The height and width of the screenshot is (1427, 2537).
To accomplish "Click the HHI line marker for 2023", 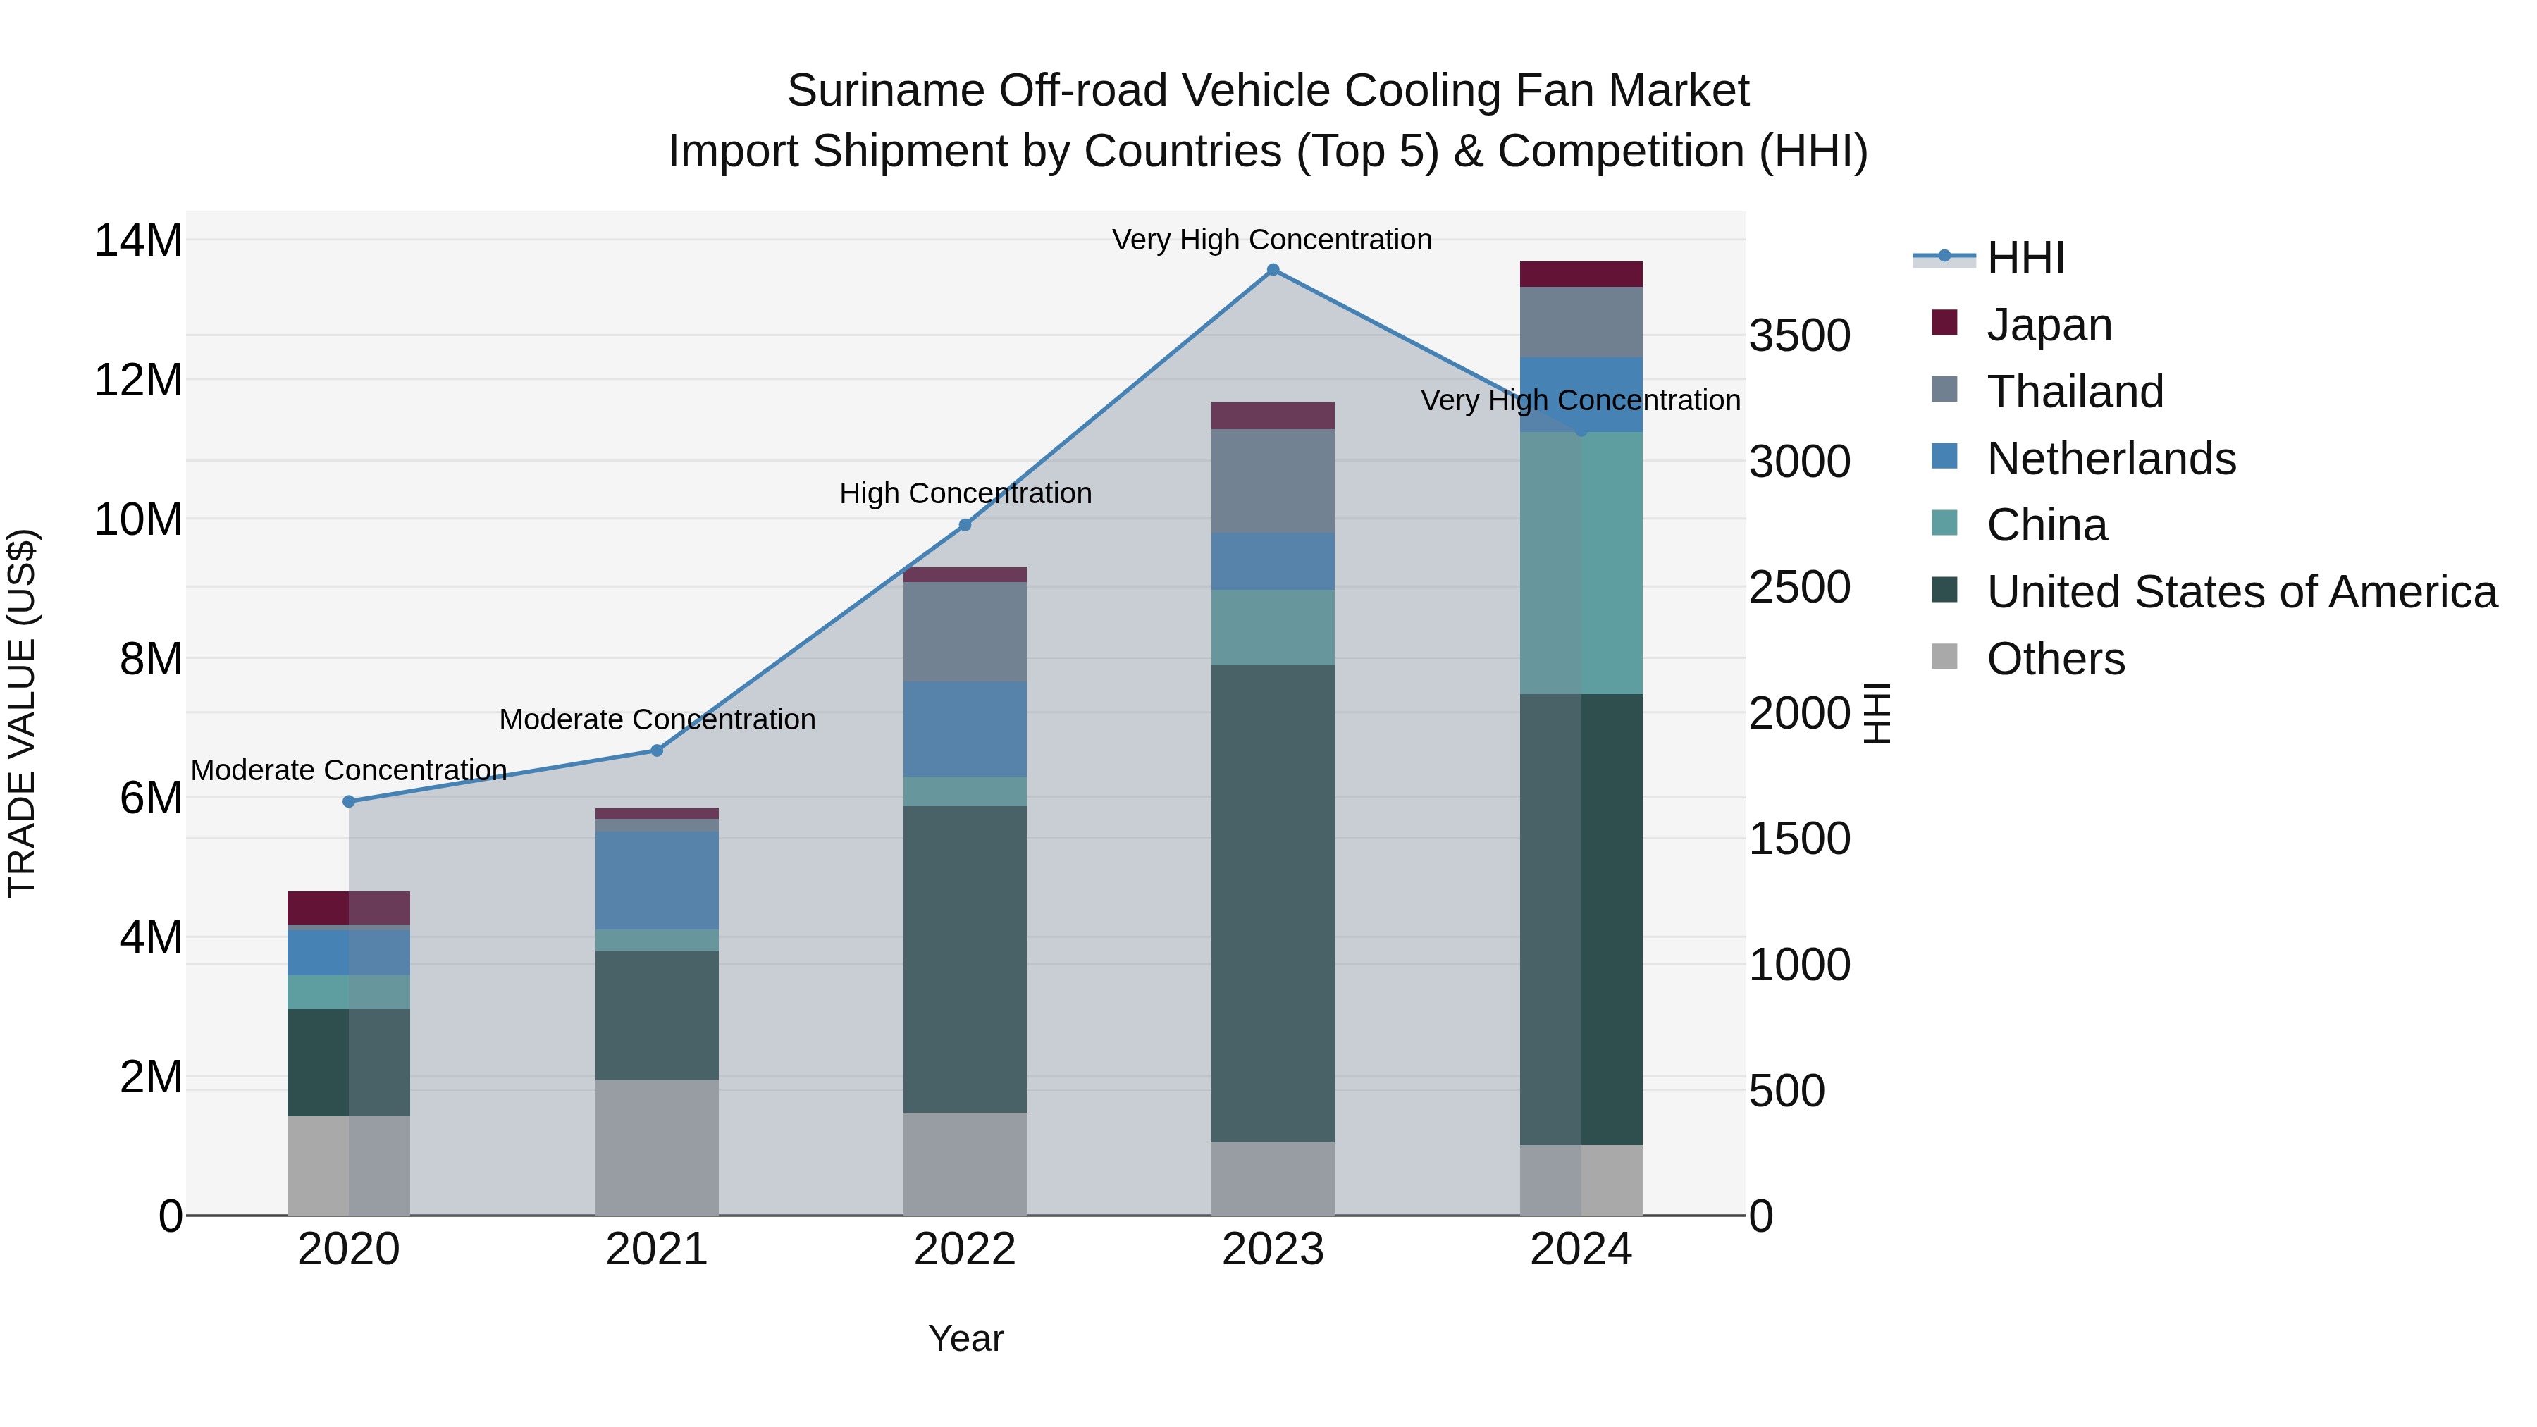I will click(x=1273, y=270).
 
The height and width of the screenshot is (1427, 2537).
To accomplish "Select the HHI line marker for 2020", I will click(x=349, y=802).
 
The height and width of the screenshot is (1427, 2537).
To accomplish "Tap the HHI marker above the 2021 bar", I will click(x=657, y=750).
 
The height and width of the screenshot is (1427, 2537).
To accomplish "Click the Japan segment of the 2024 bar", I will click(x=1581, y=274).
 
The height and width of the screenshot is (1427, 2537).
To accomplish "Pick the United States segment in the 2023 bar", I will click(x=1273, y=903).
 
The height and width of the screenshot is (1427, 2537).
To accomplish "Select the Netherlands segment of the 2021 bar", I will click(x=657, y=880).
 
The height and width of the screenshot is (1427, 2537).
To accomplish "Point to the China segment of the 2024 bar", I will click(x=1581, y=562).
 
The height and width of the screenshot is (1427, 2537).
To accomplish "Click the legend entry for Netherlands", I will click(x=2111, y=459).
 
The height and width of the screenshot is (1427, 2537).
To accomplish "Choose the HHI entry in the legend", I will click(x=2025, y=258).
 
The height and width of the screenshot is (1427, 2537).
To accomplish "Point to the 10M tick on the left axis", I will click(x=138, y=519).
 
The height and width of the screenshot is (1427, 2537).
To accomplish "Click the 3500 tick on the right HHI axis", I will click(x=1799, y=336).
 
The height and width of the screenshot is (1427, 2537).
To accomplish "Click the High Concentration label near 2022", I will click(x=965, y=493).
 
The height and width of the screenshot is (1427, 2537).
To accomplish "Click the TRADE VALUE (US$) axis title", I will click(x=23, y=713).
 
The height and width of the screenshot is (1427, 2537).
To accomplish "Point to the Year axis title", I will click(x=965, y=1338).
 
